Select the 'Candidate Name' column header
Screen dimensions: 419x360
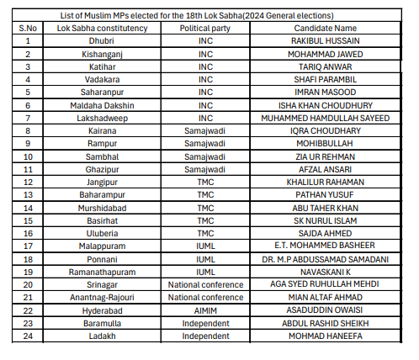coord(330,28)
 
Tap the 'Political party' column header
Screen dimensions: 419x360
coord(204,28)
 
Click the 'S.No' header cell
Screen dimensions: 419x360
coord(29,28)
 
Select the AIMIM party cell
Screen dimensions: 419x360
coord(204,309)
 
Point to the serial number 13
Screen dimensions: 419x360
coord(29,194)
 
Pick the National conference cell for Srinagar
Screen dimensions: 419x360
coord(204,283)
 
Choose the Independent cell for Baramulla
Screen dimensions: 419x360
coord(204,322)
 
